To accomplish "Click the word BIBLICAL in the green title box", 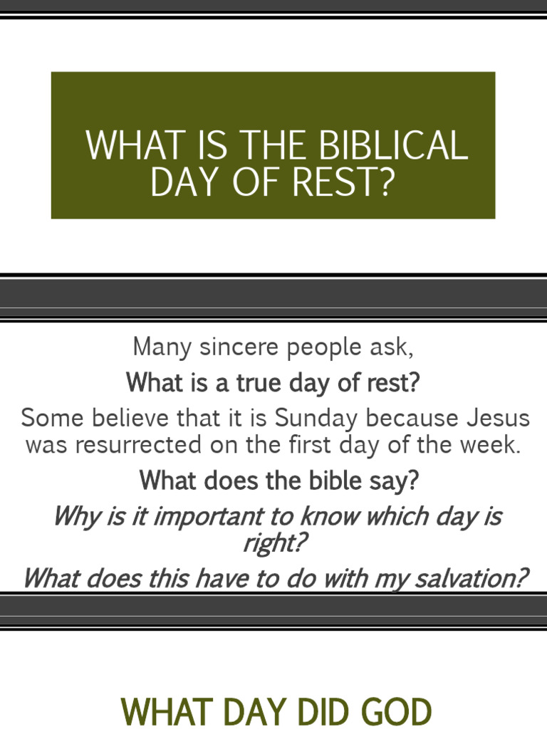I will click(394, 145).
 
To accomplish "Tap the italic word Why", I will click(75, 516).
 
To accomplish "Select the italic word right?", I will click(274, 544).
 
